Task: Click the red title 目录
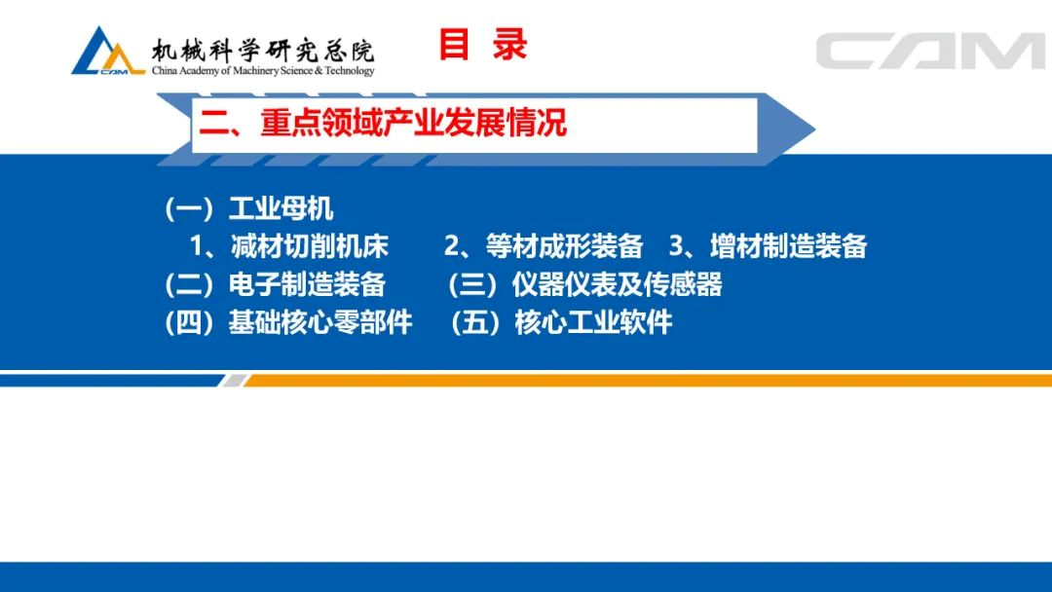[483, 45]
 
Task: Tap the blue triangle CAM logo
[107, 52]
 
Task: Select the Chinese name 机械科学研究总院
[262, 51]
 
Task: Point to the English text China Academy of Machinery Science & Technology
[263, 70]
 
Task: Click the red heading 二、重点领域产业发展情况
[383, 123]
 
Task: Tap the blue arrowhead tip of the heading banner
[813, 129]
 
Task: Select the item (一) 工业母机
[249, 208]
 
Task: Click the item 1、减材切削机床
[289, 246]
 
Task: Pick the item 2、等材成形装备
[544, 246]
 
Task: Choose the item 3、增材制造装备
[769, 246]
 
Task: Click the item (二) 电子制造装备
[275, 284]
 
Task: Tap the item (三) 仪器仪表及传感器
[585, 284]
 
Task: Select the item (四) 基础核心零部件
[288, 322]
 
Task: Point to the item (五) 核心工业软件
[561, 322]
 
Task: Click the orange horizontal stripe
[648, 381]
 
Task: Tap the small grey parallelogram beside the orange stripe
[234, 381]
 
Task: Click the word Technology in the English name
[350, 71]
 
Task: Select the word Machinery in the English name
[255, 70]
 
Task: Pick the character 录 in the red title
[509, 45]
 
